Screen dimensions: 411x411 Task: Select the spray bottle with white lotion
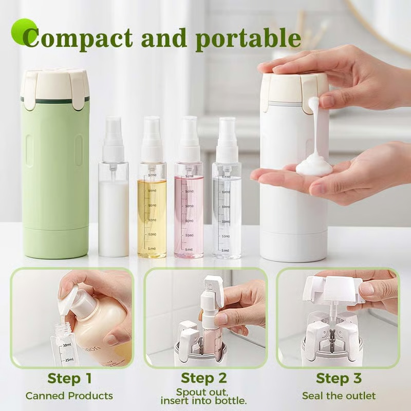click(113, 211)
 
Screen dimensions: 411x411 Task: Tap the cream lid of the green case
click(55, 85)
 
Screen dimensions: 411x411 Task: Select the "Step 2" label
click(204, 379)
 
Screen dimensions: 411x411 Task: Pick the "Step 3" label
click(339, 379)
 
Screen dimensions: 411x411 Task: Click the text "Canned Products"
click(69, 396)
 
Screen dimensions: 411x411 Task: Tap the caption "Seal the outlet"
click(339, 396)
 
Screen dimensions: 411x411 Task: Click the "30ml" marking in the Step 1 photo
click(66, 345)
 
